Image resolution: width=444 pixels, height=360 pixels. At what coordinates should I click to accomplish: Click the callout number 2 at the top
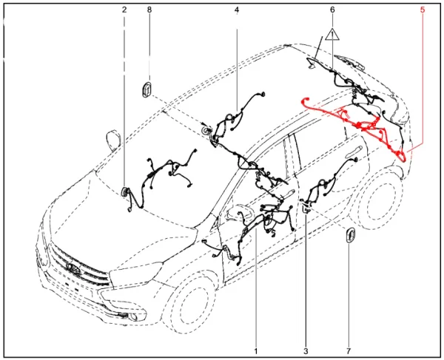[x=124, y=10]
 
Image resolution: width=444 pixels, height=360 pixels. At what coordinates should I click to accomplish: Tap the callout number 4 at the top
[x=237, y=10]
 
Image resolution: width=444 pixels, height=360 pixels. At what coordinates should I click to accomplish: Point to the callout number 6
[x=332, y=10]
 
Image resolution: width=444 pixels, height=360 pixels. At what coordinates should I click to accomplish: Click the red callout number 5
[x=422, y=10]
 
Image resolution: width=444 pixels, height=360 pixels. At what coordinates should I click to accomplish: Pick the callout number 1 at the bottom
[x=256, y=350]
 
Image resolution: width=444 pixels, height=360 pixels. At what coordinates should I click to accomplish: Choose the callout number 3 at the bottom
[x=305, y=350]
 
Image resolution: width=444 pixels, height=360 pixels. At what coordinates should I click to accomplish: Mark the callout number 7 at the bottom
[x=349, y=350]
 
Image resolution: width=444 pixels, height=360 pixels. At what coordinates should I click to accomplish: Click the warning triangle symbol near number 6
[x=332, y=35]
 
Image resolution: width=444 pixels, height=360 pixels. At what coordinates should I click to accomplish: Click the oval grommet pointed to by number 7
[x=348, y=236]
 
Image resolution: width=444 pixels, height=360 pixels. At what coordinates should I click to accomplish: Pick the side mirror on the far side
[x=113, y=139]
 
